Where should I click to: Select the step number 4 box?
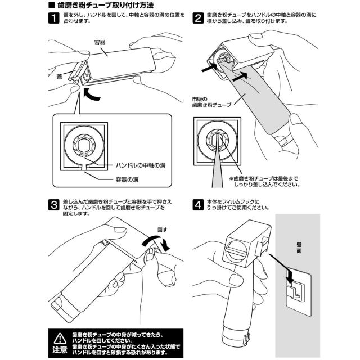(198, 205)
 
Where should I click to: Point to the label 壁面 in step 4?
(299, 249)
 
